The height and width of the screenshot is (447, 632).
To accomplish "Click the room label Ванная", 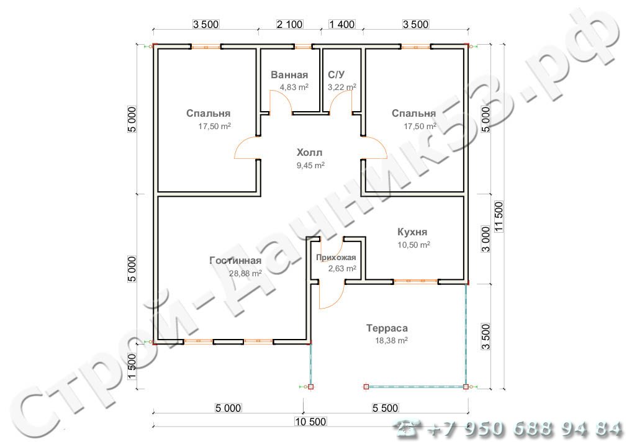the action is [x=289, y=74].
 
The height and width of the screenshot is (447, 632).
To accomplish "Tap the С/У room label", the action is [x=336, y=74].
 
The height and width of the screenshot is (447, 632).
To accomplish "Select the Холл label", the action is [x=309, y=152].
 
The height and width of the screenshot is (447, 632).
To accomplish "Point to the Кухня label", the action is [x=412, y=232].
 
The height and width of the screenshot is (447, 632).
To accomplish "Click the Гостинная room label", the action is [x=235, y=260].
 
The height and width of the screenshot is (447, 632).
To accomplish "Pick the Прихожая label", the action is [x=336, y=257].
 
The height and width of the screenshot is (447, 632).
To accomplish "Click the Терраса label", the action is [x=387, y=328].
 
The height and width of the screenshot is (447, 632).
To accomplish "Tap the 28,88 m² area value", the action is [x=245, y=273].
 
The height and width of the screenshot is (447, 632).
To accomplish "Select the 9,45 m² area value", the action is [x=311, y=165].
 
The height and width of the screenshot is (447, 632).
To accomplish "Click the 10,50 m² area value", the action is [x=414, y=245].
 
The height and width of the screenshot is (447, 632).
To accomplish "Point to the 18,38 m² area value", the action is [x=391, y=341].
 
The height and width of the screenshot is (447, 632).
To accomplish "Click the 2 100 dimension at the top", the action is [x=289, y=24].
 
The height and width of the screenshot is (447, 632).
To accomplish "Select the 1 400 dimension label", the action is [x=342, y=24].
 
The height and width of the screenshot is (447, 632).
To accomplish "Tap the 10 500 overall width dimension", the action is [x=310, y=422].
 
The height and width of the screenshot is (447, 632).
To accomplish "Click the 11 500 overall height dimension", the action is [x=499, y=217].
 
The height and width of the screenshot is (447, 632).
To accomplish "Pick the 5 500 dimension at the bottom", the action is [x=385, y=408].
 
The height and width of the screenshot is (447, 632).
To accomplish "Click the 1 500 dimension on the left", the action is [x=132, y=366].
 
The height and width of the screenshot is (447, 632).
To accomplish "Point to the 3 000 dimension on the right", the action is [x=486, y=239].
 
